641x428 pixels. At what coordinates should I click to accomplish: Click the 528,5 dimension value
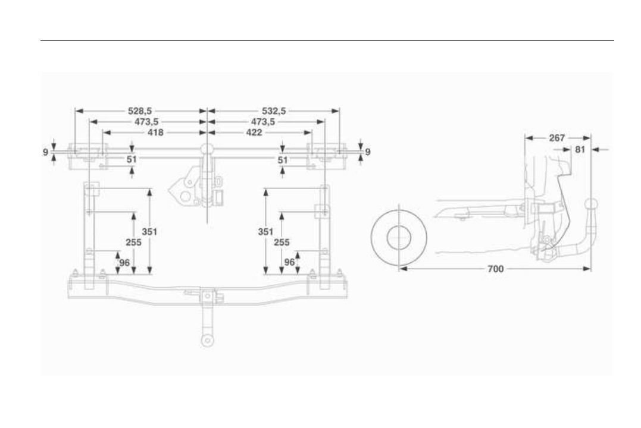point(140,111)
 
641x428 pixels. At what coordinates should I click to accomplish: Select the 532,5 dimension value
point(274,111)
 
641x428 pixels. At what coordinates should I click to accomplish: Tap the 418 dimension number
point(155,133)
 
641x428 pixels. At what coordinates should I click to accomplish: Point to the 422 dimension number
point(254,133)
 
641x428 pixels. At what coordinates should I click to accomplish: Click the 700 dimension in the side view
point(495,269)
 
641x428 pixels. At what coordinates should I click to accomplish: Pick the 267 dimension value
point(557,138)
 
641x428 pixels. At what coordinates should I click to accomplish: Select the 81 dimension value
point(580,149)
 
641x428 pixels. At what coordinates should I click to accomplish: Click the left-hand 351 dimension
point(149,232)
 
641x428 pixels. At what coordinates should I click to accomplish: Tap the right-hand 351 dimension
point(265,232)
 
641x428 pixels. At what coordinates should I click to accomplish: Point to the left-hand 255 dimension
point(133,242)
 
